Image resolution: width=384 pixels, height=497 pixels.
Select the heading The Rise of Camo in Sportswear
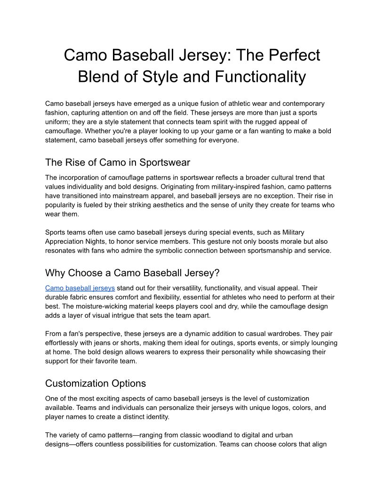118,162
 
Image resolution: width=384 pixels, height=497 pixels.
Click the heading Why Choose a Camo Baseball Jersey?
132,273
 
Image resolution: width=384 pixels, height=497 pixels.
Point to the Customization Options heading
96,383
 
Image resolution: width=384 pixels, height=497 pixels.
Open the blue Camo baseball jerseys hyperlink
80,288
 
